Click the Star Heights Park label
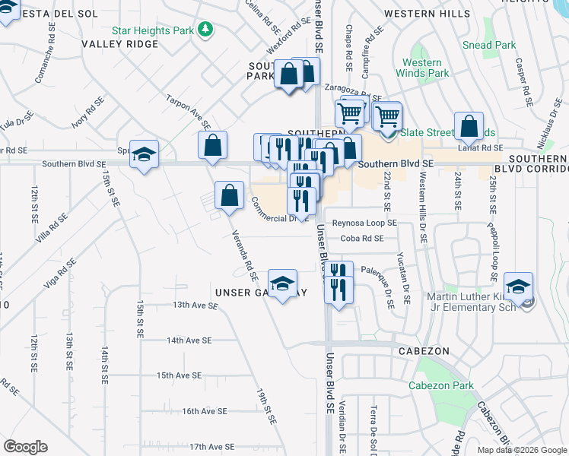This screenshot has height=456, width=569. click(x=152, y=30)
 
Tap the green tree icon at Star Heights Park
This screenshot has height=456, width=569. click(x=204, y=29)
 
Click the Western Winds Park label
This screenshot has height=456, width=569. click(x=421, y=68)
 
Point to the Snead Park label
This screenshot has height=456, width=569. click(x=489, y=45)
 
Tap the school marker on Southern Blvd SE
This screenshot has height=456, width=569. click(x=144, y=155)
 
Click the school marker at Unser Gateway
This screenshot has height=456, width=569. click(x=282, y=285)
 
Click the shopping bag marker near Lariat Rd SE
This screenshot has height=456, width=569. click(x=469, y=126)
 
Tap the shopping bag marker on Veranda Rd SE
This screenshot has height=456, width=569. click(x=229, y=196)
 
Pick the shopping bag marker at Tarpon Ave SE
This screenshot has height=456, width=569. click(x=213, y=145)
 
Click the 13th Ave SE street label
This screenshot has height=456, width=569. click(x=195, y=305)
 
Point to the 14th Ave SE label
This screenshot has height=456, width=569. click(x=189, y=340)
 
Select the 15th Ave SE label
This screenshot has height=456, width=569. click(x=179, y=375)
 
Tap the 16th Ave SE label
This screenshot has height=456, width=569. click(x=205, y=411)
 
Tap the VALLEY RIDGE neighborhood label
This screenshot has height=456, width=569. click(x=120, y=44)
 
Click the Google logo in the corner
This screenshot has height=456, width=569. click(x=25, y=447)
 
